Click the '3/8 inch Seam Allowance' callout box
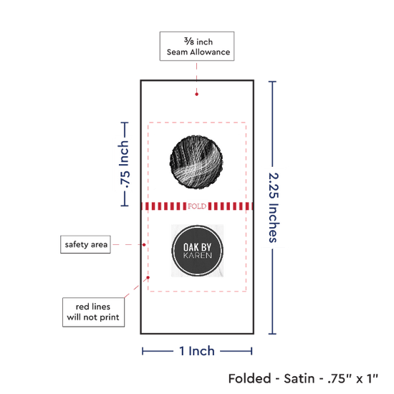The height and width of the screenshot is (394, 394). [197, 47]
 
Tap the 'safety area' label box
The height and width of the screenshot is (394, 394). [85, 244]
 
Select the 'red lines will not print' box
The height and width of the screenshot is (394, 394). [93, 312]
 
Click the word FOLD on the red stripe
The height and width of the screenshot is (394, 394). [197, 206]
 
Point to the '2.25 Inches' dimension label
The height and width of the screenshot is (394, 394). [274, 208]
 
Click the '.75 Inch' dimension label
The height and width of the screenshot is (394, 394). [124, 164]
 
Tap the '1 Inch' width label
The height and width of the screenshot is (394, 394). [197, 351]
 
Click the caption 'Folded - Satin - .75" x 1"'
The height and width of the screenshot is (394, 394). [303, 378]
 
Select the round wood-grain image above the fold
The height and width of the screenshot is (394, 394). [196, 163]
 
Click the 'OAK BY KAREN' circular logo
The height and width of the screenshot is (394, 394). [197, 251]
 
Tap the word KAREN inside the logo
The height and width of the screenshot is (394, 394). [198, 256]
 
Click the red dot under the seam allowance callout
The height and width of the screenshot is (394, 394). [196, 95]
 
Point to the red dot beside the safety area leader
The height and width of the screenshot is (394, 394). [144, 244]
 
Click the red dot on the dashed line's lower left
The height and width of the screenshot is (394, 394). [148, 277]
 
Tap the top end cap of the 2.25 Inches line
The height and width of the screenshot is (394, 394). [272, 82]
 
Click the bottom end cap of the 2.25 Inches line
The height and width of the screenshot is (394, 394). [272, 334]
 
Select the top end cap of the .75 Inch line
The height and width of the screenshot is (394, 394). [125, 122]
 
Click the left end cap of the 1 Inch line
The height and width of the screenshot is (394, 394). [143, 351]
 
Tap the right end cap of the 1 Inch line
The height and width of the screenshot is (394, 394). [251, 351]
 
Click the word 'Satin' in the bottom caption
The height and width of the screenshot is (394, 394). [299, 378]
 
